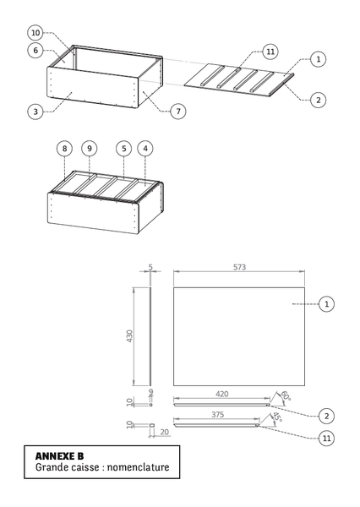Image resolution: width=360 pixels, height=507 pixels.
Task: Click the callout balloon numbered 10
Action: coord(35,32)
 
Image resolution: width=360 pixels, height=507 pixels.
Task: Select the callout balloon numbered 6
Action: coord(35,51)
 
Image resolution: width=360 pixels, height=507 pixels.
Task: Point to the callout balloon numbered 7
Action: coord(178,112)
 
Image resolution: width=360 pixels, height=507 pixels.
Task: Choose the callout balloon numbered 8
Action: coord(64,149)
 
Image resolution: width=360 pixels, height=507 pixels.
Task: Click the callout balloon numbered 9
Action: coord(90,149)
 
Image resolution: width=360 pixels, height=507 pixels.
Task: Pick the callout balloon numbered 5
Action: coord(123,149)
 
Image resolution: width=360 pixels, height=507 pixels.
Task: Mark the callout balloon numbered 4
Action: coord(147,149)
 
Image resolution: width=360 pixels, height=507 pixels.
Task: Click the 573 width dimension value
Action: coord(239,266)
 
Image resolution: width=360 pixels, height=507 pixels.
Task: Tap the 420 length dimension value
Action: coord(221,394)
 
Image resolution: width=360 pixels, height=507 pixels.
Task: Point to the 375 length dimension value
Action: coord(218,415)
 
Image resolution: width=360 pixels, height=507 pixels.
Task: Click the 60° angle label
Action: coord(285,395)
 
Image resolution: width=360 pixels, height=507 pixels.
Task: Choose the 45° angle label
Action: coord(276,417)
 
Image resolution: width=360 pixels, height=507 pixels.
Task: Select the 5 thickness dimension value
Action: coord(150,266)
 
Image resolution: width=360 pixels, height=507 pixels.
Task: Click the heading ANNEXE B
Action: coord(59,455)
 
